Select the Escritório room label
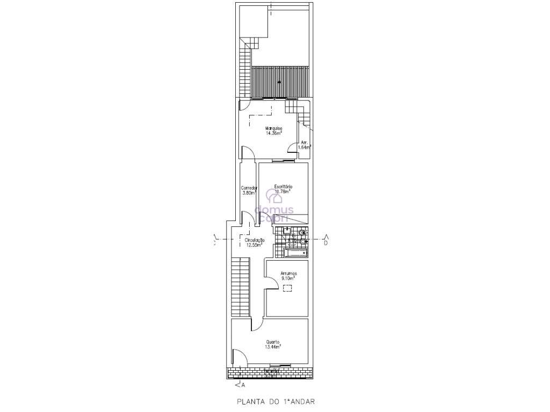tap(283, 187)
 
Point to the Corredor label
tap(249, 188)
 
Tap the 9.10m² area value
tap(288, 278)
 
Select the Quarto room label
tap(273, 342)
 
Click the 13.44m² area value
tap(273, 347)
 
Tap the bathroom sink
tap(287, 231)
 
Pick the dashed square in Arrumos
tap(288, 289)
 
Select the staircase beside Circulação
tap(241, 288)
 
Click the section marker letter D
tap(325, 242)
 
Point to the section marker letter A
tap(243, 385)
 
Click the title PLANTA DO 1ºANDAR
tap(277, 401)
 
